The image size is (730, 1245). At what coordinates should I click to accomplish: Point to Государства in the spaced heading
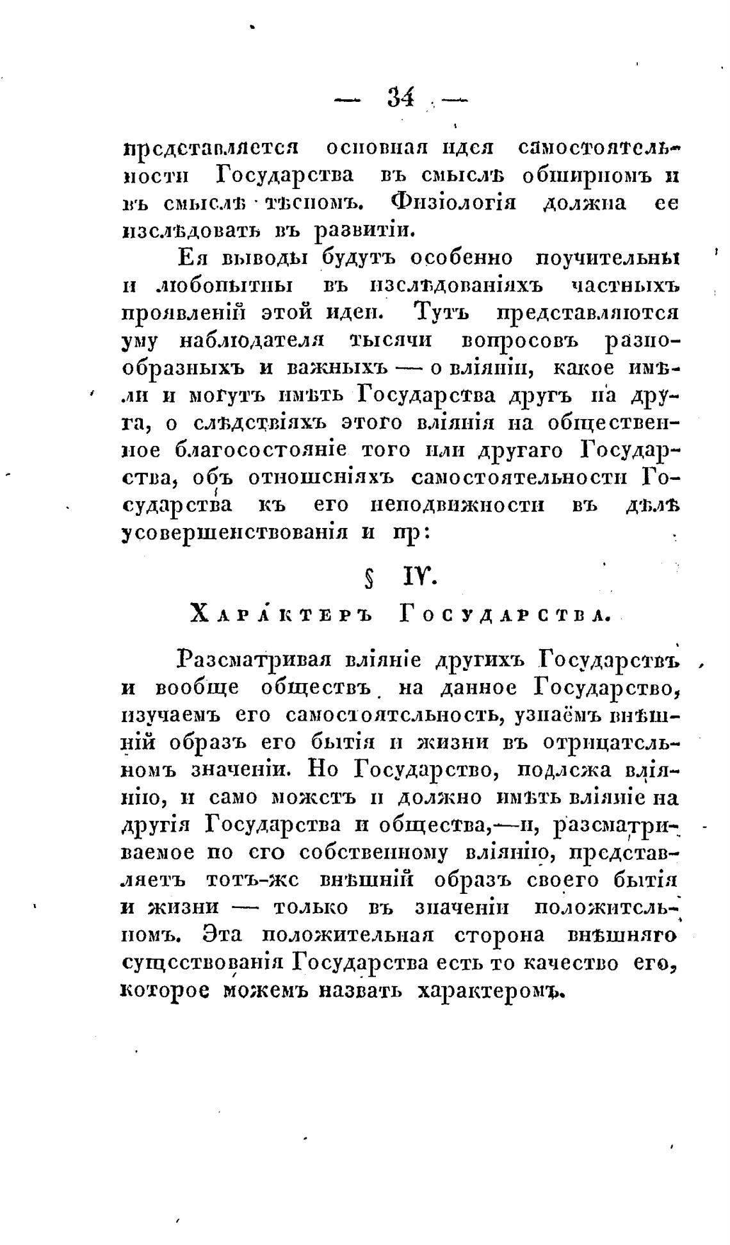(504, 615)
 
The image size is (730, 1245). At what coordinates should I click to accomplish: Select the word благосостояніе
(260, 450)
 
